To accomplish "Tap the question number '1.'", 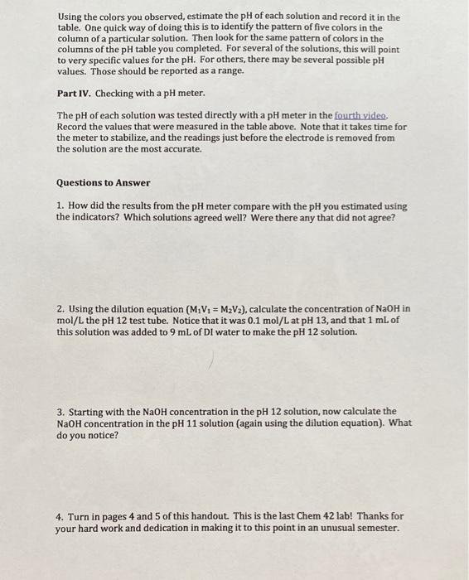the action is (x=60, y=205).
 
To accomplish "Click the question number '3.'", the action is (x=60, y=411).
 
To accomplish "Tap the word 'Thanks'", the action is (x=369, y=515).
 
